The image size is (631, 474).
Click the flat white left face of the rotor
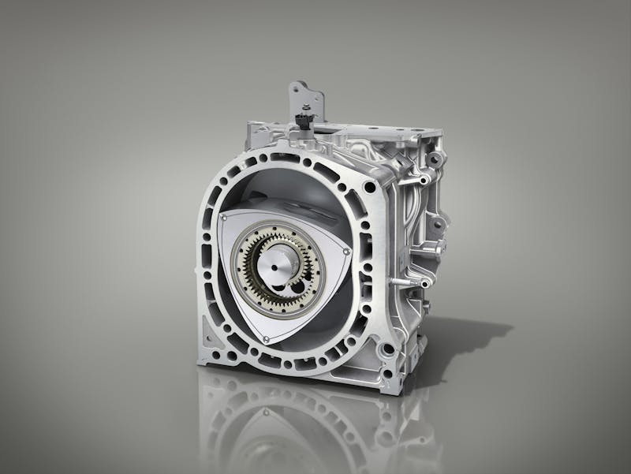click(x=237, y=268)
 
